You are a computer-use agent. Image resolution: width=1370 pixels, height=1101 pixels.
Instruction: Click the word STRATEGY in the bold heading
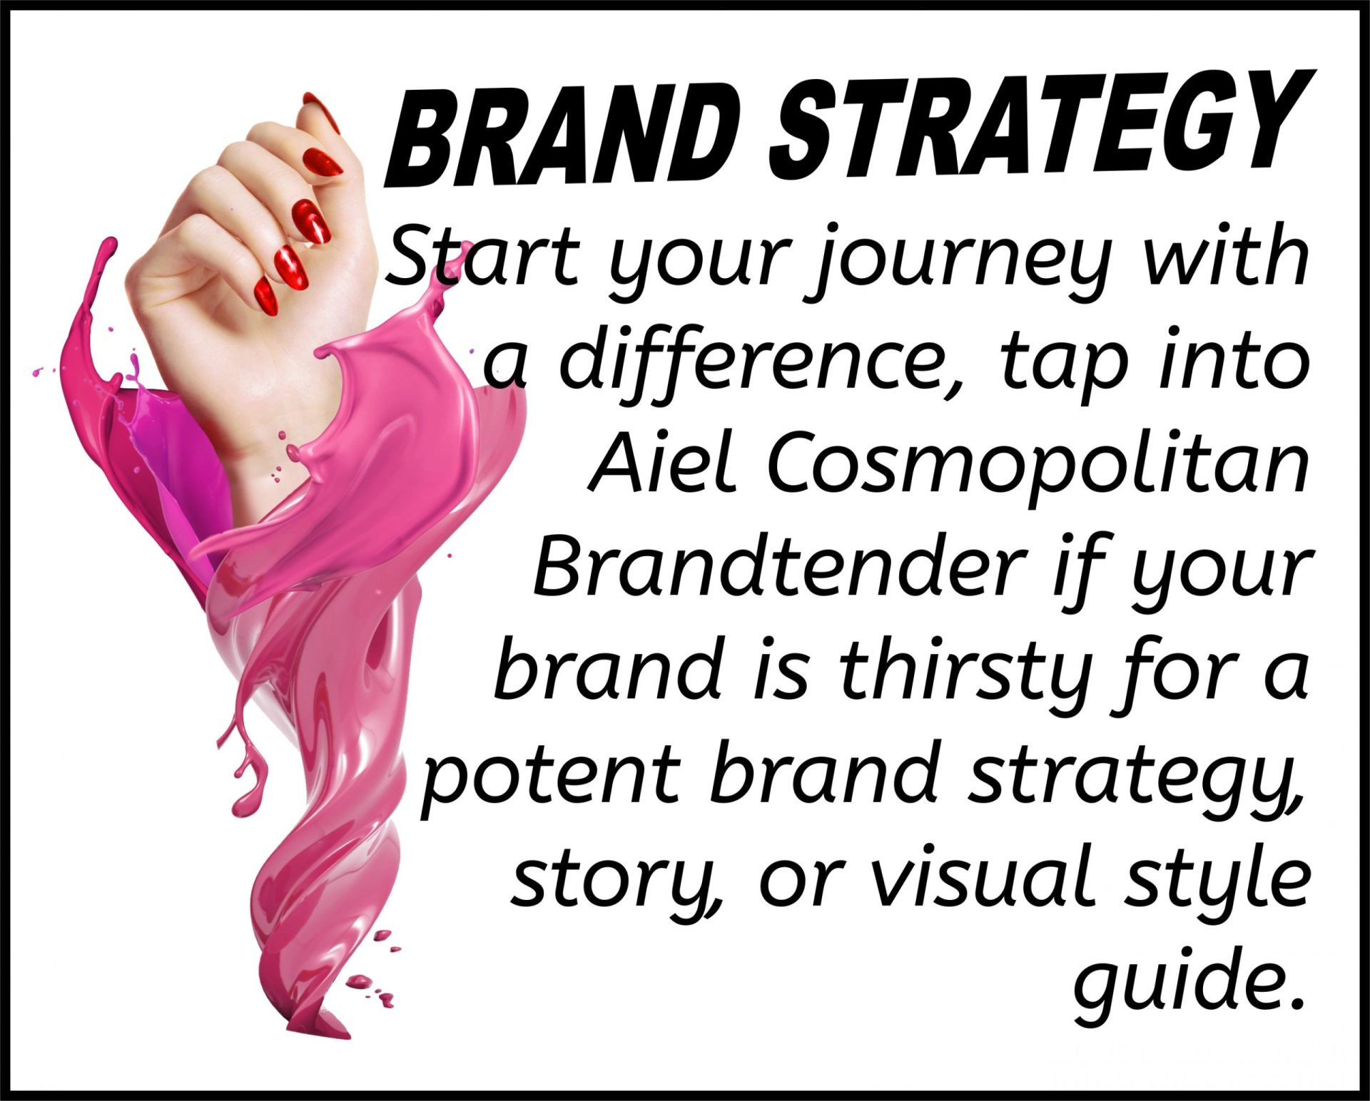coord(1041,128)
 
